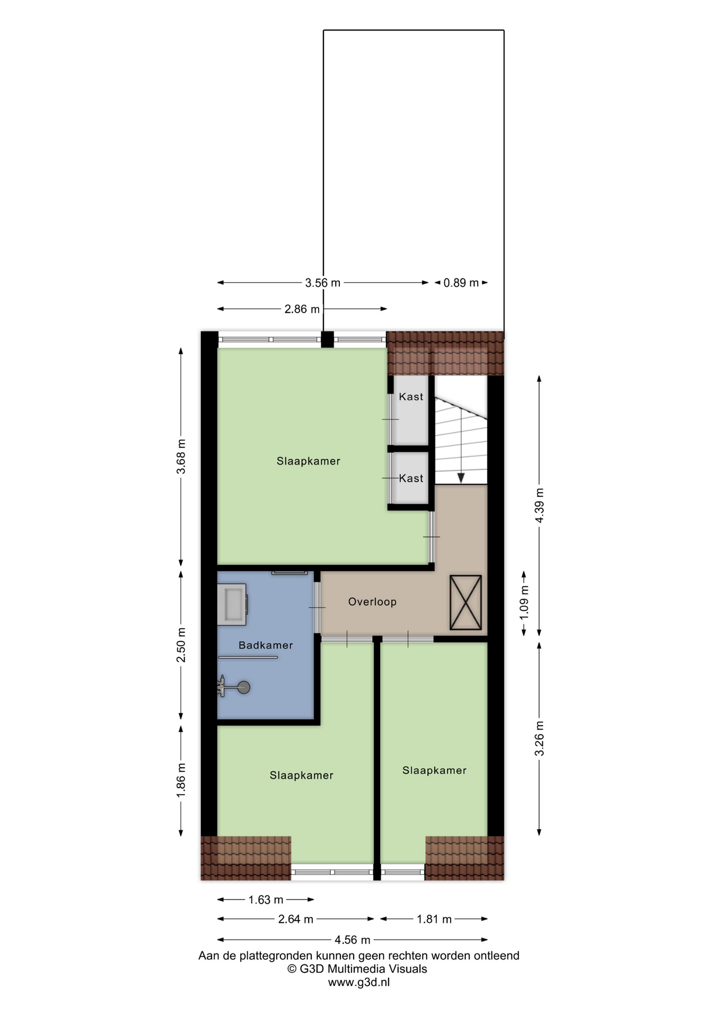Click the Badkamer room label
pos(266,645)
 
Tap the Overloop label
pos(372,602)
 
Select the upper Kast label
pos(411,397)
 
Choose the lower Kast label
pos(411,478)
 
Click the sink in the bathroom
pos(232,604)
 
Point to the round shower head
pos(243,688)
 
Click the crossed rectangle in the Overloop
pos(466,603)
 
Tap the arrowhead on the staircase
pos(461,478)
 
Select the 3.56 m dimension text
pos(322,283)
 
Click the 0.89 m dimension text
pos(461,283)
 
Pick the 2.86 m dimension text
pos(302,309)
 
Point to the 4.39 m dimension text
pos(539,505)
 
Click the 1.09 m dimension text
pos(524,602)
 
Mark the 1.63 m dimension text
pos(266,900)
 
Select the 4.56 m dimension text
pos(353,940)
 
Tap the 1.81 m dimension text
pos(434,919)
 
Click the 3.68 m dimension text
pos(181,457)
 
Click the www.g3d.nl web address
pos(359,982)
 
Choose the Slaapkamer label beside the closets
pos(308,461)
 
